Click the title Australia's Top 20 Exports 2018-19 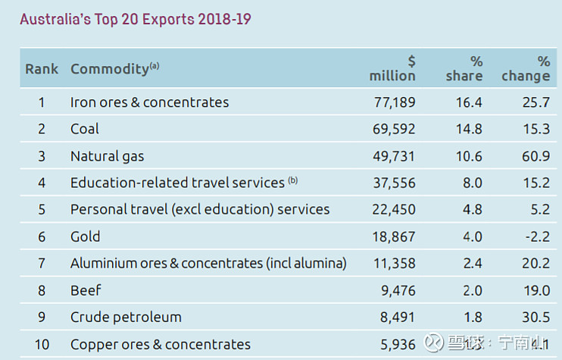click(135, 19)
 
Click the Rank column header click(42, 69)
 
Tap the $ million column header click(392, 68)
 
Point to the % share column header click(464, 68)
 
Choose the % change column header click(526, 68)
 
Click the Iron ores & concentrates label click(149, 102)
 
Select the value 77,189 click(394, 102)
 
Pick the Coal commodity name click(85, 129)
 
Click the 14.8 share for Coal click(467, 129)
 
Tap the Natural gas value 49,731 click(394, 156)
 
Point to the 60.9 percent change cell click(535, 156)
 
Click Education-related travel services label click(177, 183)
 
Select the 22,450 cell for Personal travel click(394, 209)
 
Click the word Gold click(86, 236)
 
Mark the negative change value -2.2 click(536, 236)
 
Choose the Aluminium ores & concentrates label click(208, 263)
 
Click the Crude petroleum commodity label click(126, 317)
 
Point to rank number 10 click(42, 344)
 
